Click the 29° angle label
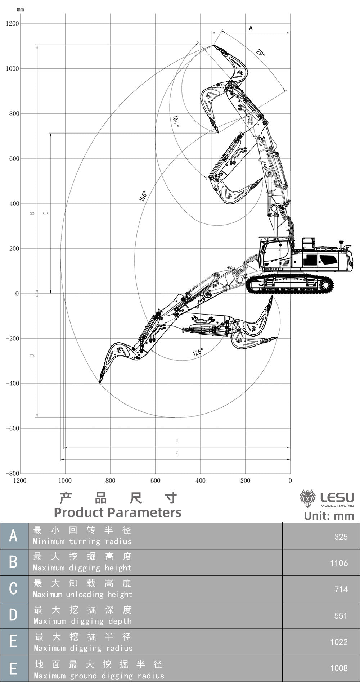(x=261, y=53)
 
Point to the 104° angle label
(x=176, y=121)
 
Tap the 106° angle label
(x=143, y=196)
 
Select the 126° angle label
(x=198, y=352)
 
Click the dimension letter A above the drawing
(x=251, y=28)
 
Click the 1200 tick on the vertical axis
(x=12, y=24)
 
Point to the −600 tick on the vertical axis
(x=12, y=429)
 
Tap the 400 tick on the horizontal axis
(x=201, y=480)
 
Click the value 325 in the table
(x=341, y=537)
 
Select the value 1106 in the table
(x=339, y=563)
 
